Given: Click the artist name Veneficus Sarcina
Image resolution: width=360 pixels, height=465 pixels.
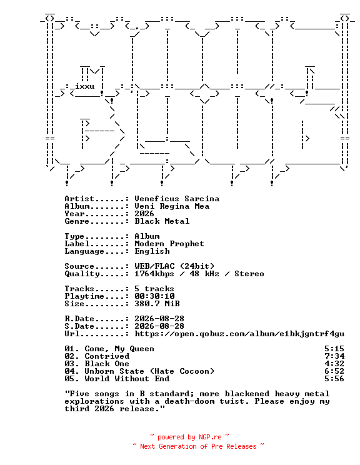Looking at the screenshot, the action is (x=177, y=199).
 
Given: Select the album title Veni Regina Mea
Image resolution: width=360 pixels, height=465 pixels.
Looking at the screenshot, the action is (x=172, y=206).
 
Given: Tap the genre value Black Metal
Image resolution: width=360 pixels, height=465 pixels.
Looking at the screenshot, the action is (x=162, y=221).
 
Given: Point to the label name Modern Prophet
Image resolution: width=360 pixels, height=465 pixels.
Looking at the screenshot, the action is (x=169, y=244).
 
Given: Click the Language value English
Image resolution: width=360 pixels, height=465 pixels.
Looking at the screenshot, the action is (x=152, y=251).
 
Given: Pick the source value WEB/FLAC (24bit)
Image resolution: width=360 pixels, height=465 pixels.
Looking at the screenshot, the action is (x=174, y=266).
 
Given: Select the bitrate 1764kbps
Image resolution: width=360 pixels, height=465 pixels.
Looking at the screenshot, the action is (x=154, y=274).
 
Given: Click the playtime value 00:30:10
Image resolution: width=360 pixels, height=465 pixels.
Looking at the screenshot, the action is (x=154, y=296).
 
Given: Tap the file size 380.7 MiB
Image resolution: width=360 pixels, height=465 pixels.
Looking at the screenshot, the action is (x=157, y=304).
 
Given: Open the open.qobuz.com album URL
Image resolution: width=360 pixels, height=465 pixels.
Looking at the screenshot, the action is (x=239, y=334).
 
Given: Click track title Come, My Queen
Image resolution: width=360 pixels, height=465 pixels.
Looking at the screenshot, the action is (x=119, y=349).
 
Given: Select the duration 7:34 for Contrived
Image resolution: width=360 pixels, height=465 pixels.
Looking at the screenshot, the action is (x=334, y=356).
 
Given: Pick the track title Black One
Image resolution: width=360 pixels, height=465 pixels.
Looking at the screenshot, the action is (x=107, y=364).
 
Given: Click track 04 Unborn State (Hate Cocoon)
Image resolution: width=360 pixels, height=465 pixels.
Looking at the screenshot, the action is (x=139, y=371).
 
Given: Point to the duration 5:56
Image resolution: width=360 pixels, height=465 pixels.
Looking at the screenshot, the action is (x=334, y=379).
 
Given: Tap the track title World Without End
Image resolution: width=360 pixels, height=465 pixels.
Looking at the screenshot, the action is (x=127, y=379).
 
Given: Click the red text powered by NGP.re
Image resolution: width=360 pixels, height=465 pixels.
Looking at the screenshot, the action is (x=189, y=437).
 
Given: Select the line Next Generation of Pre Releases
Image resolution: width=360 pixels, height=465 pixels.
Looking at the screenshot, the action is (x=198, y=446).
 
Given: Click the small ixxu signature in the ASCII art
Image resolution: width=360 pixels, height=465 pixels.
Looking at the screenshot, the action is (x=84, y=86).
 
